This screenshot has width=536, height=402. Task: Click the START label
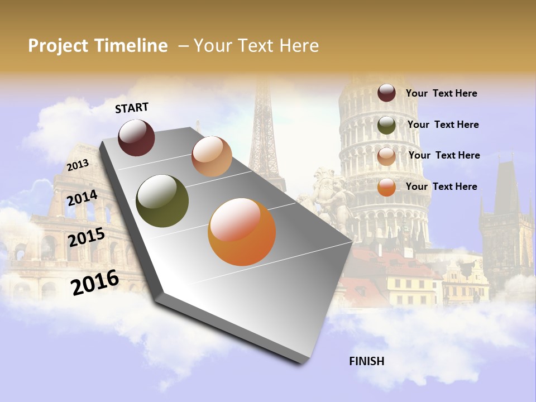132,108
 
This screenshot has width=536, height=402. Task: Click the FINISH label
367,361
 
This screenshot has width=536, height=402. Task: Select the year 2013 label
78,165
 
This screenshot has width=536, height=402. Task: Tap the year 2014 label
83,198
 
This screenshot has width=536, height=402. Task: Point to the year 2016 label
95,283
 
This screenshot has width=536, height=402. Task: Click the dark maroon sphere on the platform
136,137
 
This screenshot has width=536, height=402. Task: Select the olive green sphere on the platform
162,201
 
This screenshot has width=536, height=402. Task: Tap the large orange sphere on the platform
242,232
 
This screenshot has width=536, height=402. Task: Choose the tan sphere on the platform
212,156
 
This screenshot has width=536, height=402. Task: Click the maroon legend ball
386,93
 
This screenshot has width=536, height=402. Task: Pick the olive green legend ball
386,125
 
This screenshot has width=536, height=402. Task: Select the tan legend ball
386,156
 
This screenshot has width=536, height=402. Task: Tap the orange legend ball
386,188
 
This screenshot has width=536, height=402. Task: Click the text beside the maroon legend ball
441,93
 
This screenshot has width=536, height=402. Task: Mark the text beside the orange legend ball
441,186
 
